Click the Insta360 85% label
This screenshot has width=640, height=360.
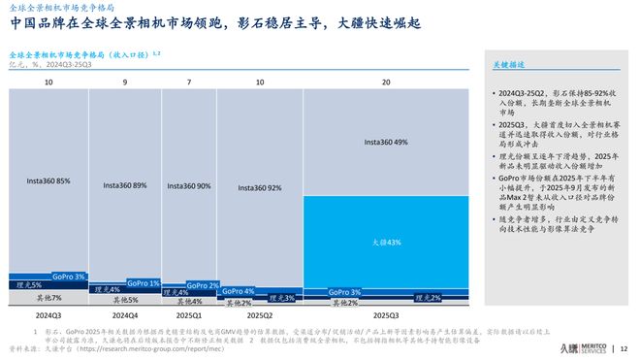pos(48,180)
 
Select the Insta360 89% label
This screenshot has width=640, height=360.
pos(126,184)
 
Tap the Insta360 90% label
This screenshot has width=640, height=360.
pos(189,185)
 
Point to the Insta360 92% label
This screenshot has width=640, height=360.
pos(260,187)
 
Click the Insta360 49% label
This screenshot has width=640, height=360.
pos(386,143)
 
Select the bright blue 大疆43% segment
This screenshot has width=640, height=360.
pos(386,242)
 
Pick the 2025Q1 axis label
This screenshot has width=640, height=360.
pos(189,315)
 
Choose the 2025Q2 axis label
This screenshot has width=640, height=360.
pos(260,315)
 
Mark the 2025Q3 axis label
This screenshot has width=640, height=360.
pos(386,315)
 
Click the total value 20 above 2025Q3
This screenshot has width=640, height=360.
pos(386,82)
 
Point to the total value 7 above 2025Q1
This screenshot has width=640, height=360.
pos(189,82)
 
